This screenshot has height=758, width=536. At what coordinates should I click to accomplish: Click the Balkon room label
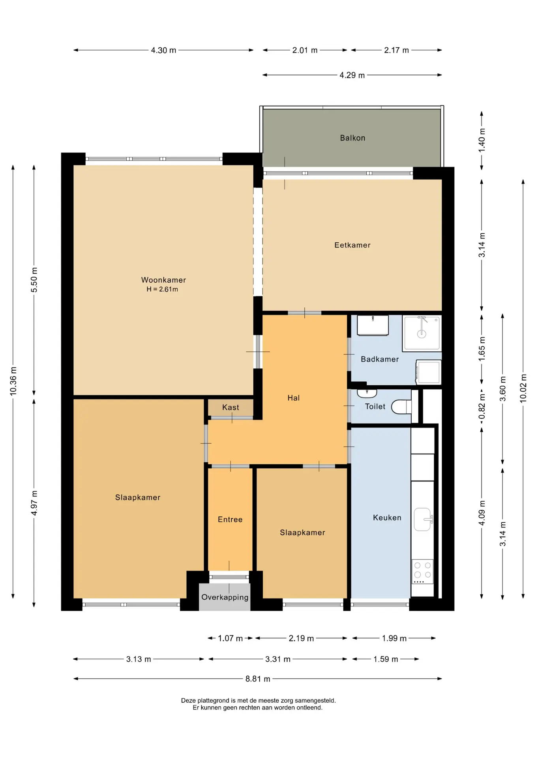[352, 138]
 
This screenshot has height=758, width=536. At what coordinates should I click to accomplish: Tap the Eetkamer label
[352, 245]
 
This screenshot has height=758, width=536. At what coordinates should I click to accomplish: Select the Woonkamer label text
[163, 280]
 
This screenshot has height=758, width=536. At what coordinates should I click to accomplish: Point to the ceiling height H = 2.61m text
[162, 289]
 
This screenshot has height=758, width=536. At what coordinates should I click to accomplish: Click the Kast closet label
[231, 407]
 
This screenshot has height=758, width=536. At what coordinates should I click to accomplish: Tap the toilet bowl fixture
[401, 407]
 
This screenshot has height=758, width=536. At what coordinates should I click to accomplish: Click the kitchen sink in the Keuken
[423, 519]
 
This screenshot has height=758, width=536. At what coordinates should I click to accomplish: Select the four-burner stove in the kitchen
[422, 571]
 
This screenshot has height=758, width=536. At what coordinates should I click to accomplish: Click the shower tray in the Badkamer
[422, 333]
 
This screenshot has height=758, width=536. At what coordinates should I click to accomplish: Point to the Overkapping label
[225, 597]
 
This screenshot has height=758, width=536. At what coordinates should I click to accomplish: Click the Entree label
[230, 520]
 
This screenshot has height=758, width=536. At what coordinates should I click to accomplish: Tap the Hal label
[294, 398]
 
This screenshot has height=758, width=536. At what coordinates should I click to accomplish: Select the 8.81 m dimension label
[258, 679]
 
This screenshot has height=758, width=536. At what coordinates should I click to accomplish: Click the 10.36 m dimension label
[13, 381]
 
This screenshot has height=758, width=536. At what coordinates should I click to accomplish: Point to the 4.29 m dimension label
[352, 75]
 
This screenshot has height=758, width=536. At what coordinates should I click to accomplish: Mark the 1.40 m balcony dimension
[482, 140]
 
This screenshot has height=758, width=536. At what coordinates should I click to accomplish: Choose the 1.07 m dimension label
[231, 638]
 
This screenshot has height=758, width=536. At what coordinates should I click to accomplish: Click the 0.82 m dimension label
[482, 407]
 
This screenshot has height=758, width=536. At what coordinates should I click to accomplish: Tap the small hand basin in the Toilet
[367, 393]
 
